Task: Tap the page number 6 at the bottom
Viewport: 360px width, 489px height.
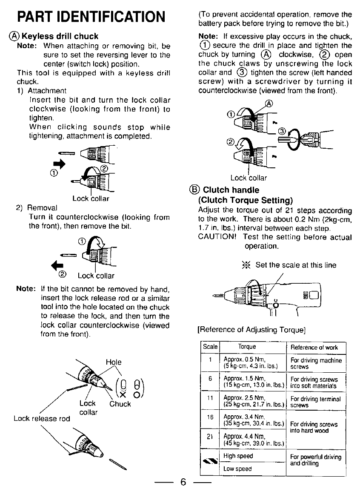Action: click(x=183, y=482)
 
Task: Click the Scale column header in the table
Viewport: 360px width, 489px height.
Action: click(x=210, y=347)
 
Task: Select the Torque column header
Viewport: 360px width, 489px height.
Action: click(x=247, y=347)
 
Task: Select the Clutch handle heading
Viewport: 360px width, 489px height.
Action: click(x=231, y=190)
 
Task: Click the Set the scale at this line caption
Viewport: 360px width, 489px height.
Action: click(x=295, y=265)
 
